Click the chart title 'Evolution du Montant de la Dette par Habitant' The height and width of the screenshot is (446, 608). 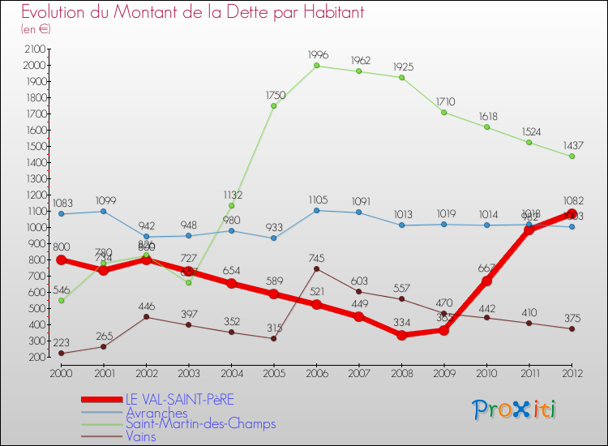tap(193, 12)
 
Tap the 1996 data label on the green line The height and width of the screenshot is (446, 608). tap(318, 54)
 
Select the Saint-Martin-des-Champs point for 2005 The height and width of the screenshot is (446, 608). tap(274, 105)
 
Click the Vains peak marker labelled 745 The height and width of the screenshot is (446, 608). tap(316, 268)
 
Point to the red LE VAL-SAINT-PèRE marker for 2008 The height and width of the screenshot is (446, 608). tap(401, 335)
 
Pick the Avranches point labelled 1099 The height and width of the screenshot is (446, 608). tap(104, 211)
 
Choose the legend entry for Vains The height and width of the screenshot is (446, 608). tap(141, 436)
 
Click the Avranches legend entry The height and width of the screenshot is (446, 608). tap(156, 413)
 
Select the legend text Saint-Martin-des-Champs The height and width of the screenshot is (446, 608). tap(200, 424)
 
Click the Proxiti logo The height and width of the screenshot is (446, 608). tap(515, 410)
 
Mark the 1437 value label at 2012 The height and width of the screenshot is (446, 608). tap(572, 145)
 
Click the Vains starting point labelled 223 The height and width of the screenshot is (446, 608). tap(61, 353)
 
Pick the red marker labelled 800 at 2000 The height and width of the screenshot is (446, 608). tap(61, 259)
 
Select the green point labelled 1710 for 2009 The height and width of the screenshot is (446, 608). tap(444, 112)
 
